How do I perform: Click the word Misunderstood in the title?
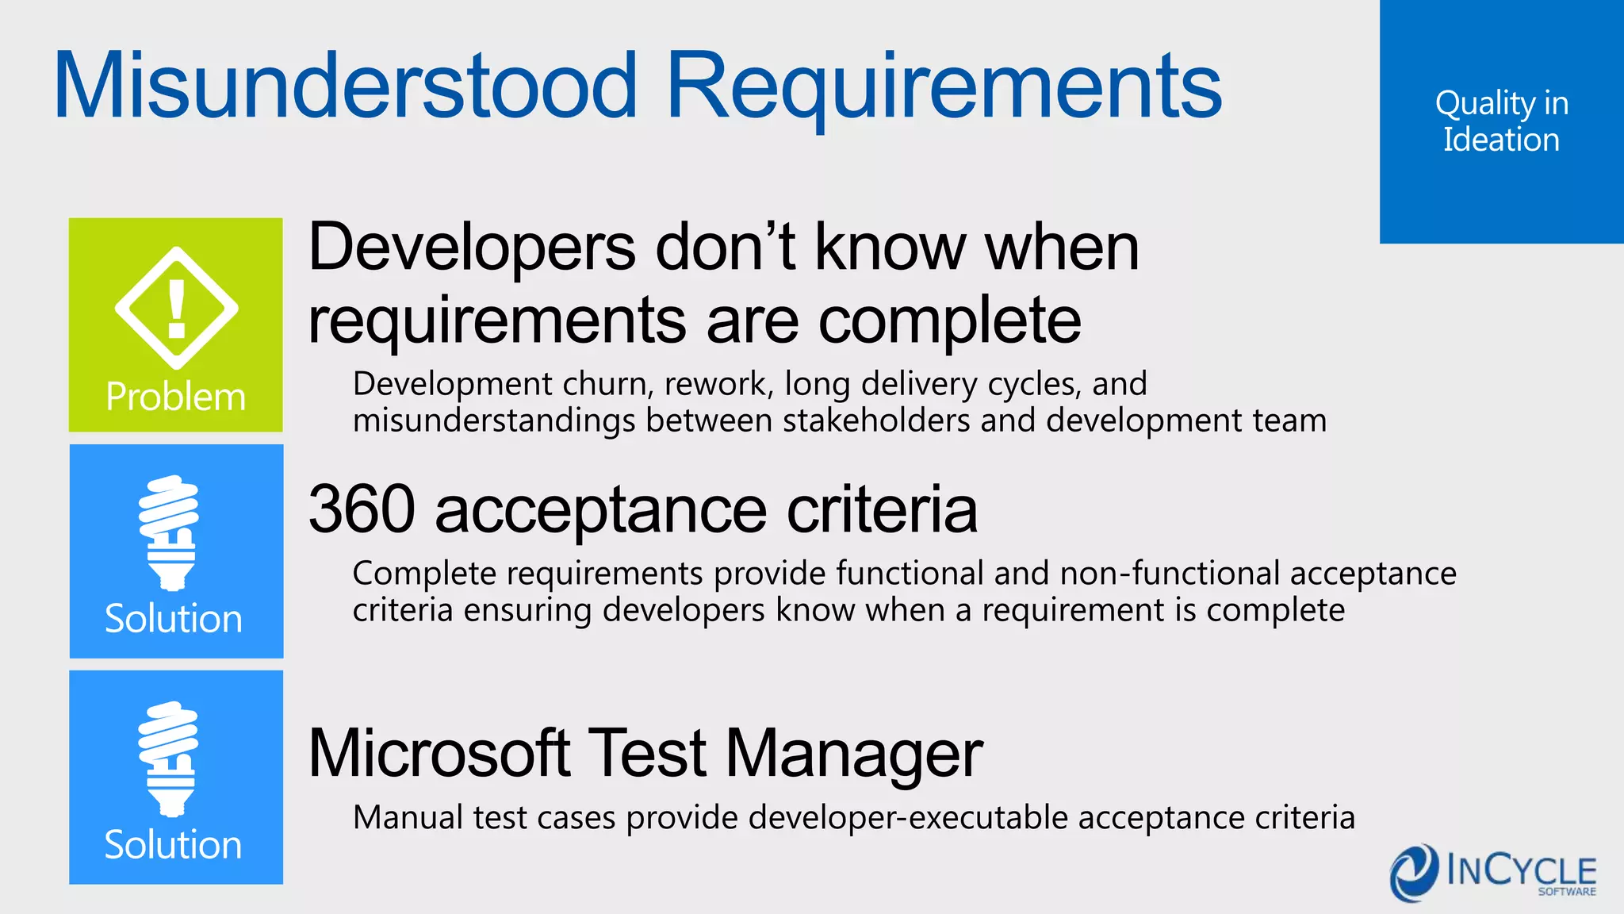[x=346, y=86]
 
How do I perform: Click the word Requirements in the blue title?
[x=944, y=86]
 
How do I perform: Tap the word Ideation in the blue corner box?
[x=1501, y=140]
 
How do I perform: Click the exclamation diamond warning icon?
[x=176, y=308]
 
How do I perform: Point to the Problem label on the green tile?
[x=176, y=397]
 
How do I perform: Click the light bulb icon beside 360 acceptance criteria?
[x=169, y=532]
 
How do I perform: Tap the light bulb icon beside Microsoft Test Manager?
[x=169, y=758]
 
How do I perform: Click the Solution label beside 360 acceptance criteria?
[x=174, y=619]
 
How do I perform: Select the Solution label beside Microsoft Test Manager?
[x=174, y=845]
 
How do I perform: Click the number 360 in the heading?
[x=362, y=509]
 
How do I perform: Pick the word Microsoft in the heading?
[x=439, y=753]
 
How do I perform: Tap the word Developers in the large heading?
[x=472, y=248]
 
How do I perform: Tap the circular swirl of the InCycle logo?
[x=1414, y=873]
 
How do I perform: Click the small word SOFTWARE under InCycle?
[x=1567, y=892]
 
